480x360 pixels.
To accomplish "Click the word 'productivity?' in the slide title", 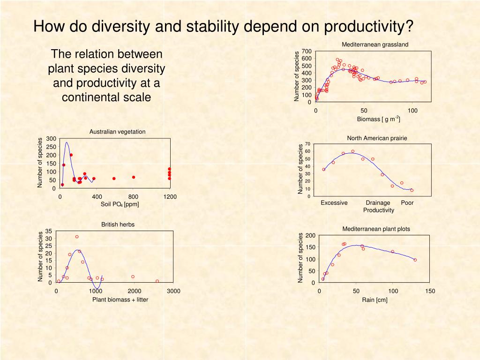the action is pos(368,27).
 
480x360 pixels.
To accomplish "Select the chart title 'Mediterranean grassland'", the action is pos(375,45).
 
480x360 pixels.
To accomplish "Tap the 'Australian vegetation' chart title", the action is pos(117,132).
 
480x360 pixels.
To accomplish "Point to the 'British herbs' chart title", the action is pos(118,225).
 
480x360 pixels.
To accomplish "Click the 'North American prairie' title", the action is pos(377,138).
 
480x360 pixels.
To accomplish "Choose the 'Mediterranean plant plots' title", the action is pos(376,229).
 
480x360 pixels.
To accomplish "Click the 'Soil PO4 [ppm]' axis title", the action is pos(120,204).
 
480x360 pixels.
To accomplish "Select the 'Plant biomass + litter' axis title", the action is pos(120,300).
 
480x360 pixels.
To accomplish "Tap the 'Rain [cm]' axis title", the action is pos(375,300).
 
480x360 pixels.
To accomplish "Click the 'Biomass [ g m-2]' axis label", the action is pos(378,119).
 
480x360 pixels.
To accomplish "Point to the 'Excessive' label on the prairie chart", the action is pos(334,202).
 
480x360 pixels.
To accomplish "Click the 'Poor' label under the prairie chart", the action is pos(407,202).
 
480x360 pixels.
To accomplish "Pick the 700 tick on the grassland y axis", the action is pos(307,51).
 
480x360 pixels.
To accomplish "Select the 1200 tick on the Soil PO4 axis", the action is pos(170,196).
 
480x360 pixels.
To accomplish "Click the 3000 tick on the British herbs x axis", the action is pos(173,291).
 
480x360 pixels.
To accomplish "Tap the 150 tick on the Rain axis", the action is pos(430,291).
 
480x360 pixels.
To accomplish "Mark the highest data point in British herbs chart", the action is pos(77,237).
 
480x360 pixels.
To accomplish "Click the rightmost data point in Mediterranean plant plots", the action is pos(415,260).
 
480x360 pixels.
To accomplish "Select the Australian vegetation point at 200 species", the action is pos(71,155).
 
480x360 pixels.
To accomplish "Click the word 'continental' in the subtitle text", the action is pos(87,97).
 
